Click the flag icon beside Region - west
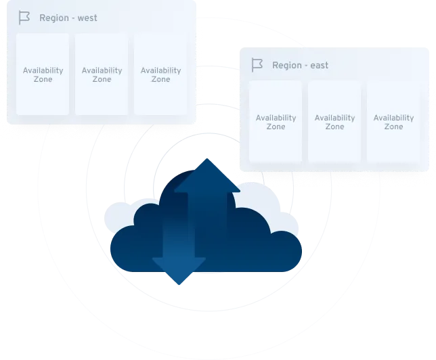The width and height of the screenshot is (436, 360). pyautogui.click(x=24, y=18)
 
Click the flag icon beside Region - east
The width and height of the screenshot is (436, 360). pyautogui.click(x=257, y=65)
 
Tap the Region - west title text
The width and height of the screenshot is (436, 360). pyautogui.click(x=68, y=18)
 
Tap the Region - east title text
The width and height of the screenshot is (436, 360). pyautogui.click(x=300, y=65)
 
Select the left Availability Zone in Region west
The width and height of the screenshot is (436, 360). pyautogui.click(x=43, y=74)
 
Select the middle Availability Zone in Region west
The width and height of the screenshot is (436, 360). pyautogui.click(x=102, y=74)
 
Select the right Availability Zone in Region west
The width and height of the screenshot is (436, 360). pyautogui.click(x=160, y=74)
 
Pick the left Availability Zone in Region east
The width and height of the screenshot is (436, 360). pyautogui.click(x=276, y=122)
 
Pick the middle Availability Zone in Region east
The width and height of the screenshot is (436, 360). pyautogui.click(x=334, y=122)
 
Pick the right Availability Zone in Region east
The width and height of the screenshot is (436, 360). pyautogui.click(x=393, y=122)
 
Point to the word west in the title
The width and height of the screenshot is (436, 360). pyautogui.click(x=87, y=18)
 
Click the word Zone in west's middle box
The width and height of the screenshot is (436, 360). pyautogui.click(x=102, y=79)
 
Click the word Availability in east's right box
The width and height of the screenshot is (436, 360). pyautogui.click(x=393, y=118)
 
